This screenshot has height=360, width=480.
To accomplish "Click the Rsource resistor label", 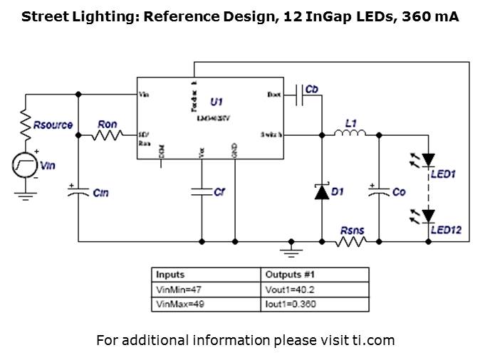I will [x=53, y=125].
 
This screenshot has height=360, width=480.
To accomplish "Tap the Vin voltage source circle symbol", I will [x=24, y=165].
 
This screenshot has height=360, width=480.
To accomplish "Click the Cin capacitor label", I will [x=100, y=193].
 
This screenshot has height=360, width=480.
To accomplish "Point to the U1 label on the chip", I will [x=217, y=102].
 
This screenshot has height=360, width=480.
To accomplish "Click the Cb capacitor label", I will [x=311, y=89].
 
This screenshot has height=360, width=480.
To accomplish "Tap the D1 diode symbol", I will [x=321, y=191].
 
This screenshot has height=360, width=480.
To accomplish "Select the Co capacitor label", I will [x=399, y=192].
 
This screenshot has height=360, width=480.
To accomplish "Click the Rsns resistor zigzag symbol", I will [x=351, y=242].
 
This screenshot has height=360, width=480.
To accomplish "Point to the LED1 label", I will [x=443, y=174].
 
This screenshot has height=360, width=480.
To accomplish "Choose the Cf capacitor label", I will [x=219, y=192].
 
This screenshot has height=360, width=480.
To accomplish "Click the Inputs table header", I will [x=171, y=275].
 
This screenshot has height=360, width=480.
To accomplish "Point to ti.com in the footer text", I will [x=373, y=340].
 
